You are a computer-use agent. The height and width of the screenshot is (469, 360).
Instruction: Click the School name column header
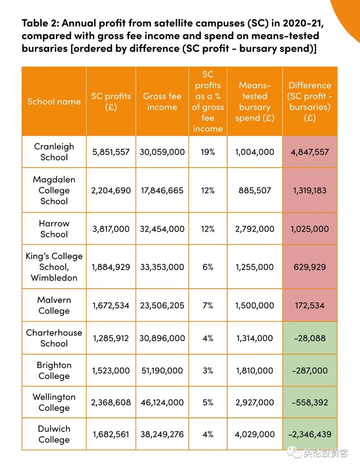[x=54, y=101]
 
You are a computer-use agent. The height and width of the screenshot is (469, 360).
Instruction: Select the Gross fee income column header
[x=162, y=101]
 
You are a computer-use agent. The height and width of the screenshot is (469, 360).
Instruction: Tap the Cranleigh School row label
[x=54, y=152]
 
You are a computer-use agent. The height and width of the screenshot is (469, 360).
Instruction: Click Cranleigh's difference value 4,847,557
[x=310, y=152]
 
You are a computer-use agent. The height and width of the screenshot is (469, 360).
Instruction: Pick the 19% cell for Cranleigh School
[x=208, y=152]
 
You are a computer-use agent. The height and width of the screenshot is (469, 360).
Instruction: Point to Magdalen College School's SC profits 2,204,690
[x=111, y=190]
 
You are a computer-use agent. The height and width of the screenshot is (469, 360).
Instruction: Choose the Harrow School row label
[x=54, y=229]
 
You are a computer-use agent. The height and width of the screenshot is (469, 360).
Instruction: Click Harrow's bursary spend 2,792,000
[x=255, y=229]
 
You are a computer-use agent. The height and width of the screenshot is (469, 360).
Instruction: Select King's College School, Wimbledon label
[x=54, y=267]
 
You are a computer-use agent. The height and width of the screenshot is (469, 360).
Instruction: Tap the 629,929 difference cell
[x=310, y=267]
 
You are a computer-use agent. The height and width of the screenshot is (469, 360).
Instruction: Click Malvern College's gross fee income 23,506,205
[x=162, y=305]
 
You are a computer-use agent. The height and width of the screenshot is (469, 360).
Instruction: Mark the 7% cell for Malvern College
[x=208, y=305]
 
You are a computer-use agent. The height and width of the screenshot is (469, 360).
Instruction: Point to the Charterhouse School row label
[x=54, y=338]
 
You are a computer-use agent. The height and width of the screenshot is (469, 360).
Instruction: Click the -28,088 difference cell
[x=310, y=338]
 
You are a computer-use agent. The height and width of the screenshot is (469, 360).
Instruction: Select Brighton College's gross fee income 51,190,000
[x=162, y=371]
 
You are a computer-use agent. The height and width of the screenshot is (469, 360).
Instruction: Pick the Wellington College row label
[x=54, y=402]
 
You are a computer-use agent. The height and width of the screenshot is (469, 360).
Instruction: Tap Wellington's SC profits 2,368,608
[x=111, y=402]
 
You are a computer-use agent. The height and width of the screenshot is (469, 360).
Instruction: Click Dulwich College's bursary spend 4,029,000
[x=255, y=434]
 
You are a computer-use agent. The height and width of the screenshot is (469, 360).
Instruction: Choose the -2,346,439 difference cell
[x=310, y=434]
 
